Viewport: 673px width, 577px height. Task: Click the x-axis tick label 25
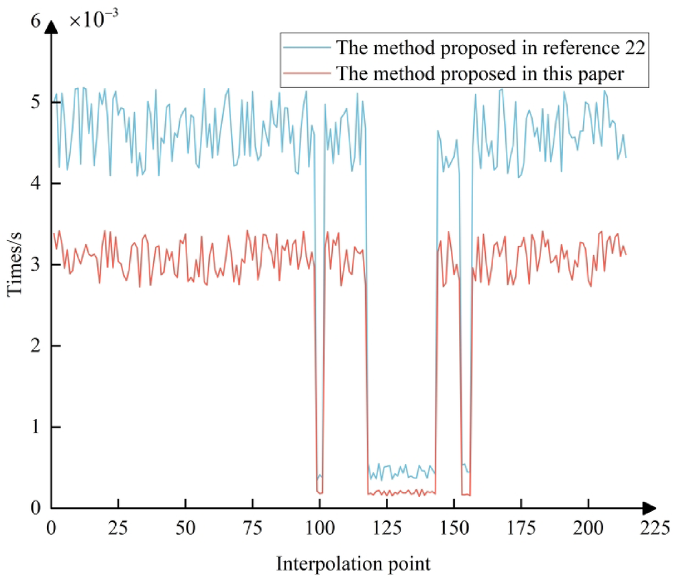118,524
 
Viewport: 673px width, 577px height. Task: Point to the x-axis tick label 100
319,524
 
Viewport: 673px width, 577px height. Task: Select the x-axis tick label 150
454,524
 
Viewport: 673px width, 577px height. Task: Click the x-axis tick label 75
252,524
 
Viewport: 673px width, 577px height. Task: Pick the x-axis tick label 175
521,524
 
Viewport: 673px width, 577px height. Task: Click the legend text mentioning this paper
481,74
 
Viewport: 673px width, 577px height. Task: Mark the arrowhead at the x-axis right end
649,508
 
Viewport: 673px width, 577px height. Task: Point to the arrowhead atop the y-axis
52,23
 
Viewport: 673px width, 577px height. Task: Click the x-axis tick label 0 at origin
51,524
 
